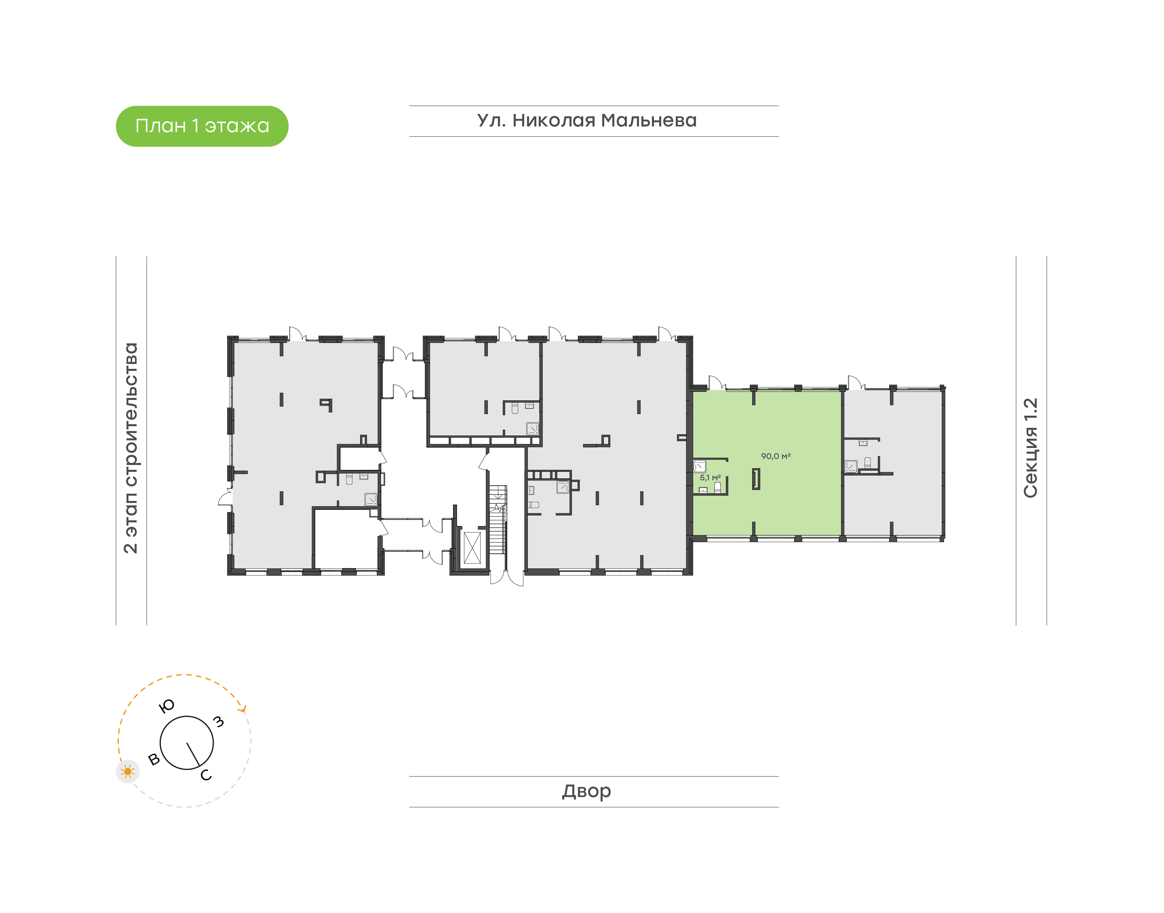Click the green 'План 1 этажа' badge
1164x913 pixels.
pyautogui.click(x=202, y=126)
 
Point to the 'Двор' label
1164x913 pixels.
pyautogui.click(x=586, y=791)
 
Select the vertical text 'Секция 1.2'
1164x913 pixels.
pyautogui.click(x=1030, y=448)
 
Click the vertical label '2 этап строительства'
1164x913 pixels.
pyautogui.click(x=131, y=448)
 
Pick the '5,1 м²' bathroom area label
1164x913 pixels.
pyautogui.click(x=710, y=478)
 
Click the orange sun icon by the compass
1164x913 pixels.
pyautogui.click(x=127, y=771)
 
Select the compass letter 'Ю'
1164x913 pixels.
pyautogui.click(x=167, y=706)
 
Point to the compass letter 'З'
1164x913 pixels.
pyautogui.click(x=218, y=722)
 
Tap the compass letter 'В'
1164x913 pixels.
pyautogui.click(x=154, y=759)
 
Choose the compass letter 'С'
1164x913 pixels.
pyautogui.click(x=206, y=775)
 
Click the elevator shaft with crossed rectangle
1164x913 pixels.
pyautogui.click(x=472, y=548)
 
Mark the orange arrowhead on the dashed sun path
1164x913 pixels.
pyautogui.click(x=244, y=709)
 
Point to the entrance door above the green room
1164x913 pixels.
pyautogui.click(x=717, y=382)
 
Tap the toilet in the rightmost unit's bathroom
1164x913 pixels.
pyautogui.click(x=867, y=463)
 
